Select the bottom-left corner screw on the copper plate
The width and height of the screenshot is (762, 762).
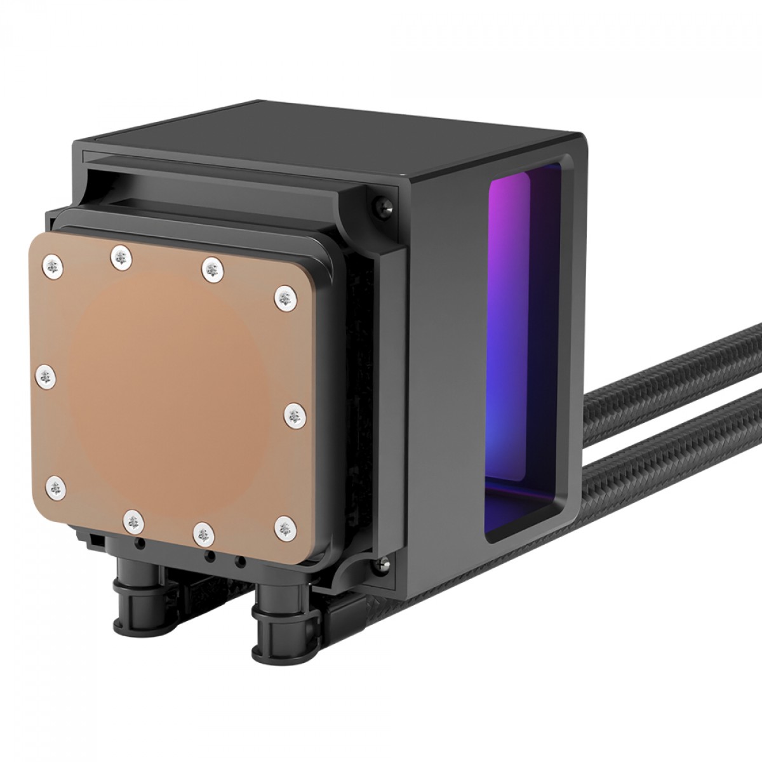coord(57,487)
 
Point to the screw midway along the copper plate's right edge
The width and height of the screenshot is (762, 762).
coord(293,417)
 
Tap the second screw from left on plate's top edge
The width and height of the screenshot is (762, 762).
coord(121,257)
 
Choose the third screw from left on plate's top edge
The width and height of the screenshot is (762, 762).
coord(212,269)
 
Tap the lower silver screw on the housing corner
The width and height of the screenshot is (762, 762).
coord(384,562)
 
